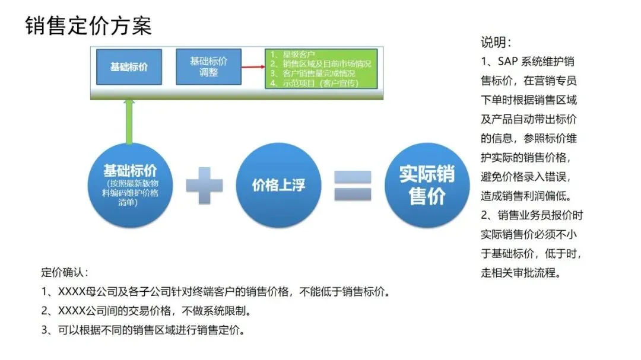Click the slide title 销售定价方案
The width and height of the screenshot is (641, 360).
[x=88, y=26]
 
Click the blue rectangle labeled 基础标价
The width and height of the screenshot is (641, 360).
[x=129, y=66]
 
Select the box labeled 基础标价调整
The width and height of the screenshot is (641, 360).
[x=208, y=66]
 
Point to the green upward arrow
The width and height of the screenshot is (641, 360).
[x=129, y=122]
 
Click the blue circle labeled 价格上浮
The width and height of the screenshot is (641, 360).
[x=278, y=186]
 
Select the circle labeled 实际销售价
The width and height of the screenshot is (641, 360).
[x=427, y=186]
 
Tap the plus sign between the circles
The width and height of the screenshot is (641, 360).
[x=204, y=184]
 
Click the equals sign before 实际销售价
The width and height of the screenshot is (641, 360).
[x=353, y=185]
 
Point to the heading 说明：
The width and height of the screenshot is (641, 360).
[x=496, y=43]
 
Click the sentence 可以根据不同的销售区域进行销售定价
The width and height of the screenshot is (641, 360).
[x=151, y=330]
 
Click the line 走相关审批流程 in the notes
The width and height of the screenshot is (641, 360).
[x=521, y=273]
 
